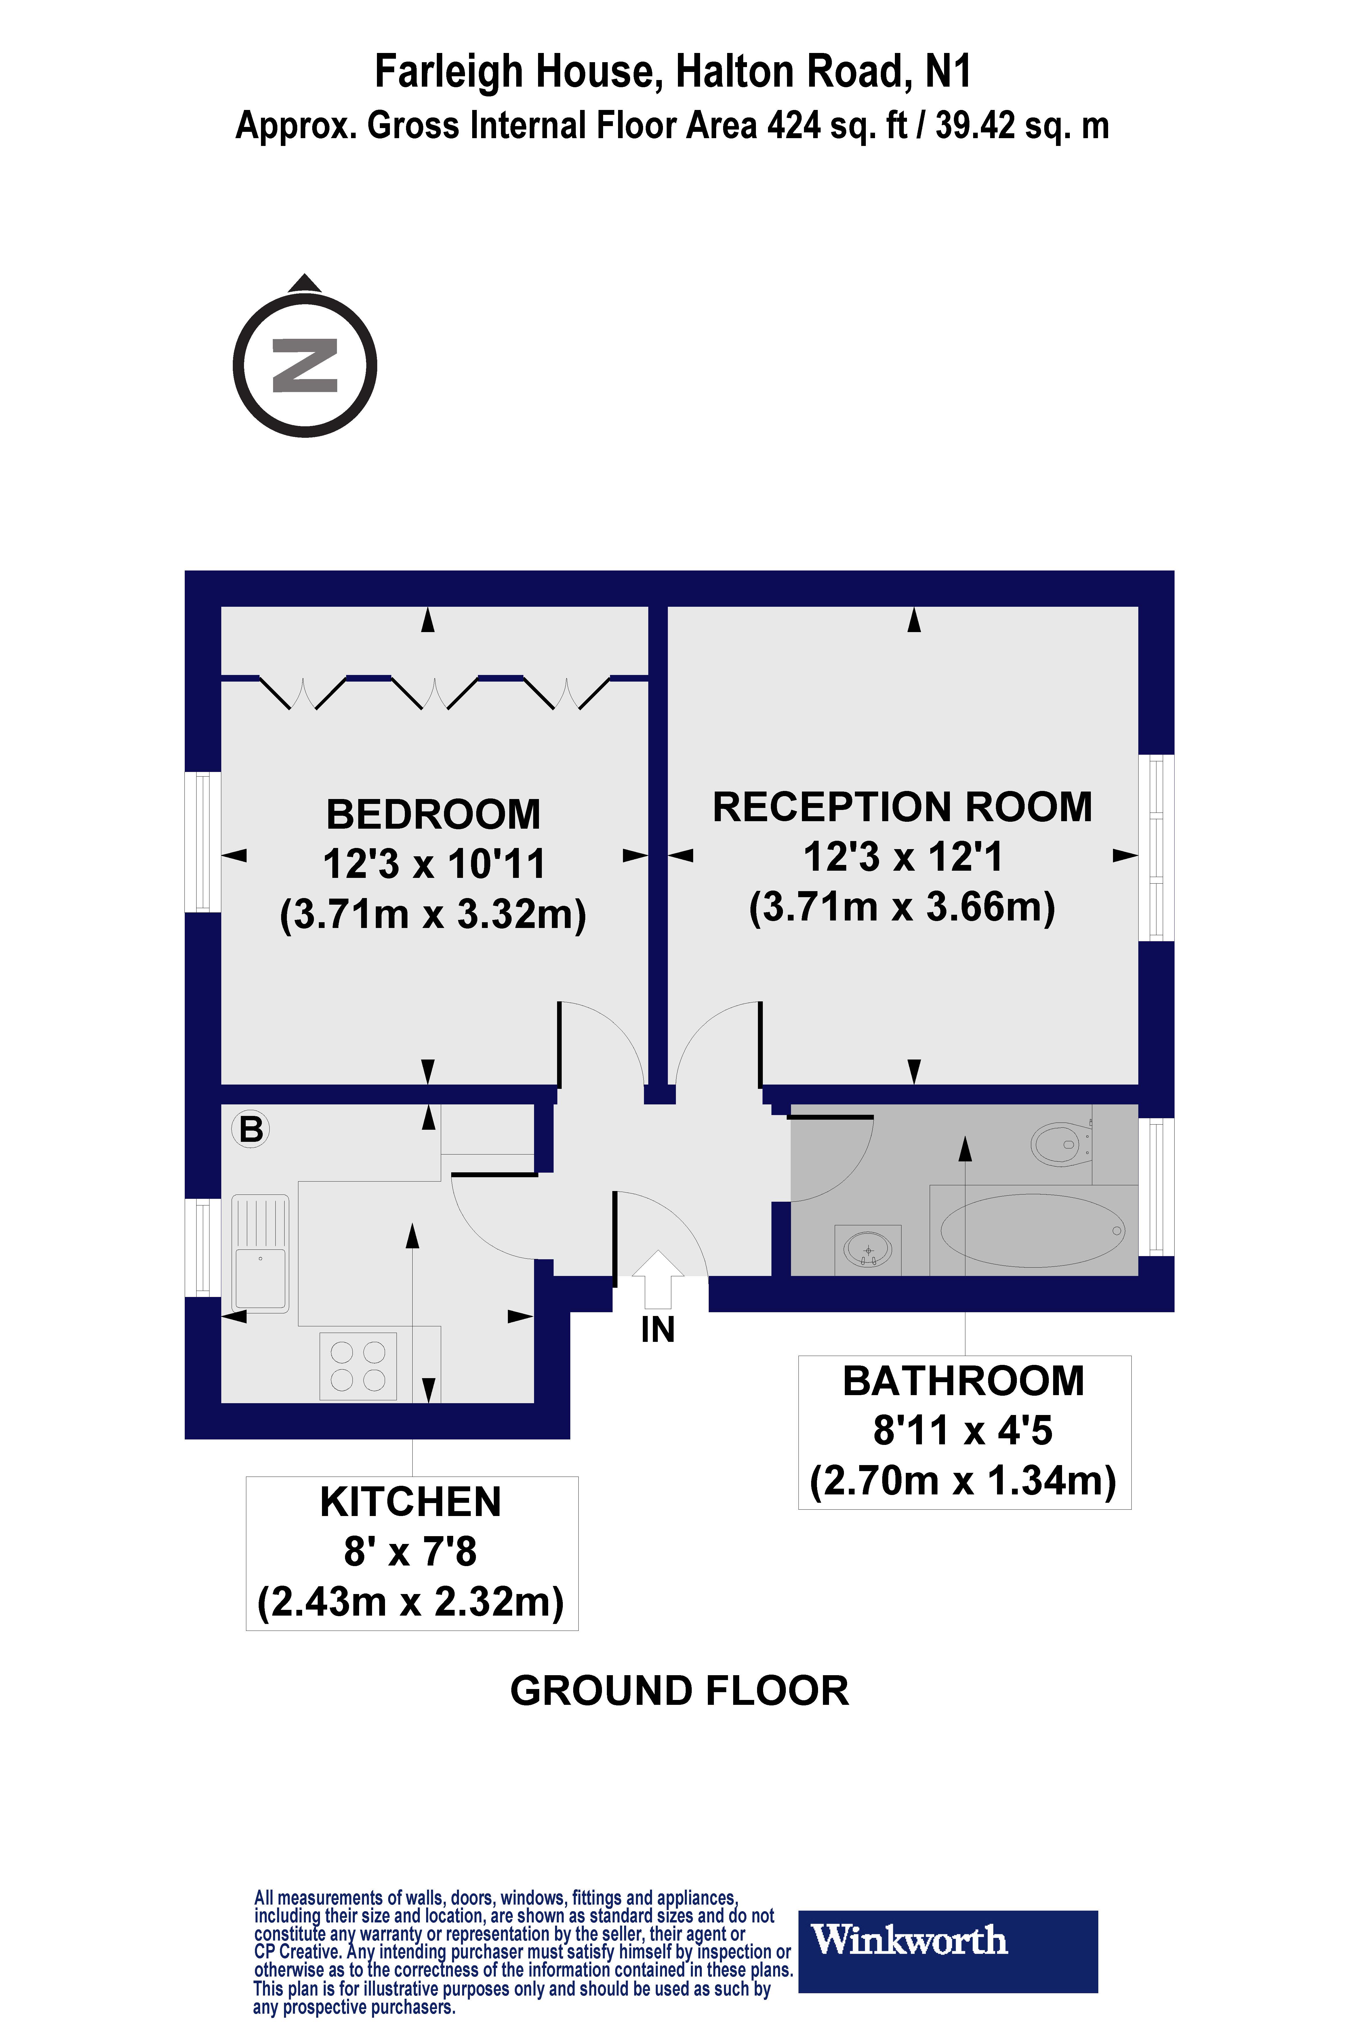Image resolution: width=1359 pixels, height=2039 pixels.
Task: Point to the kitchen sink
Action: [260, 1253]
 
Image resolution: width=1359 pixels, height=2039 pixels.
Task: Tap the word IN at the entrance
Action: [658, 1330]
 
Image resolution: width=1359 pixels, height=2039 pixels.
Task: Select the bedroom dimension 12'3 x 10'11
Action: [433, 863]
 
